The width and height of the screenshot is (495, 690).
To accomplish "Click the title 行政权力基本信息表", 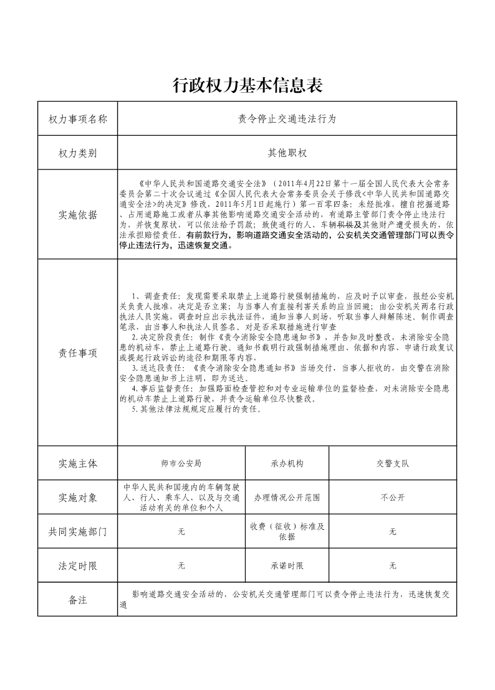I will pos(247,85).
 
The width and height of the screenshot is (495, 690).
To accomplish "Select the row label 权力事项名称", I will pos(78,118).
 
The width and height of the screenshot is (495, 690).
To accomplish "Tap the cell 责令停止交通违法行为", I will pos(287,118).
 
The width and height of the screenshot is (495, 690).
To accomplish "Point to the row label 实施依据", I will pos(78,215).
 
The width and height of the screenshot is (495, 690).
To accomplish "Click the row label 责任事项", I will pos(78,353).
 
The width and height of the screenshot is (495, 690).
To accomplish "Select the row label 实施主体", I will pos(78,464).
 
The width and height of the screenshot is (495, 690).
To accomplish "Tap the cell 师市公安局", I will pos(181,464).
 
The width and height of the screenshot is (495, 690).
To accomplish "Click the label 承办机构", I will pos(287,464).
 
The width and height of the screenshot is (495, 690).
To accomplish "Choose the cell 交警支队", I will pos(393,464).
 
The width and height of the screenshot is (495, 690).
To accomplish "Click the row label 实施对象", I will pos(78,498).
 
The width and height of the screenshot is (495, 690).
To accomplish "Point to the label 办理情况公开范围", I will pos(287,498).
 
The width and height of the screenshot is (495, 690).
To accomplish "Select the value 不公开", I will pos(393,498).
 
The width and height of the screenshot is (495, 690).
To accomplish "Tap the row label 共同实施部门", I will pos(78,532).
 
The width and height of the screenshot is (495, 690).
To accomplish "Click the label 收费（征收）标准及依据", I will pos(287,531).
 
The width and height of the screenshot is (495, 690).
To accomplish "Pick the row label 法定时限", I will pos(78,566).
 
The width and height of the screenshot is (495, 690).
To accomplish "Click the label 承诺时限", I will pos(287,566).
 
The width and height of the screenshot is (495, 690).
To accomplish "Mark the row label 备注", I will pos(78,600).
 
